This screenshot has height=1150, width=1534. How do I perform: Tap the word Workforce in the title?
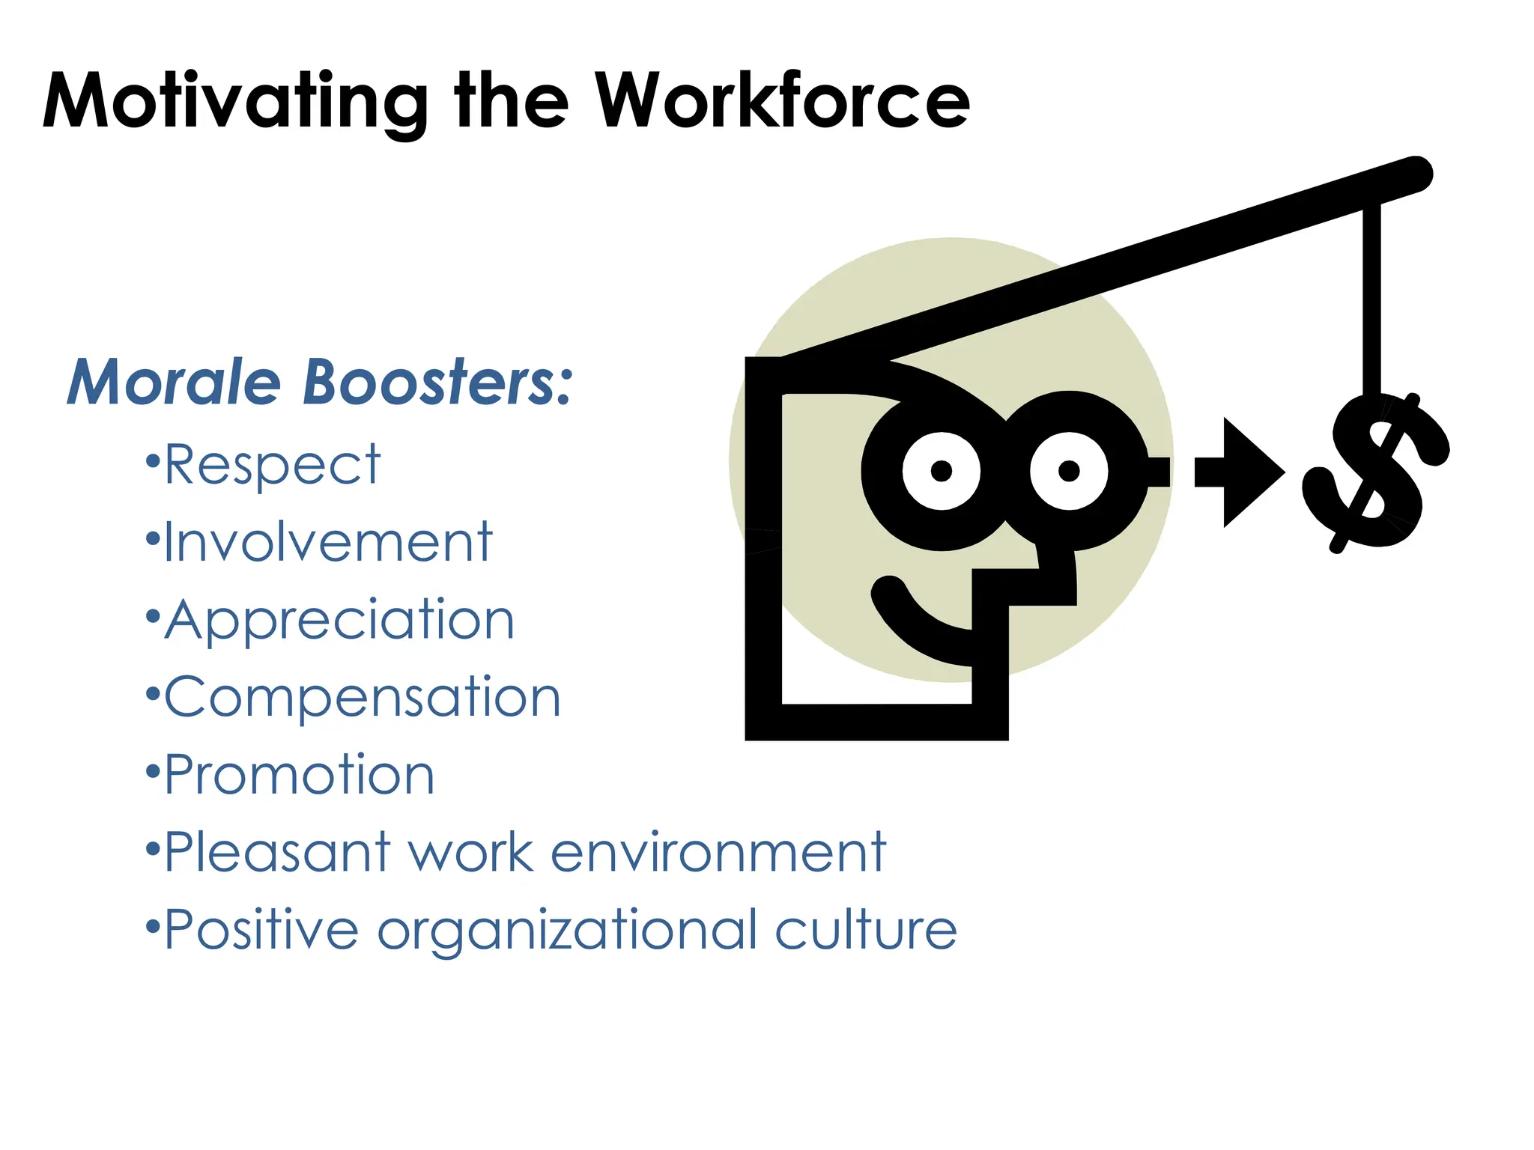(x=782, y=101)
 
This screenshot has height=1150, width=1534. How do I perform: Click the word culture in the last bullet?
(x=865, y=930)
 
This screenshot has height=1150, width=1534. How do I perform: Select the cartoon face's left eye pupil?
(x=942, y=471)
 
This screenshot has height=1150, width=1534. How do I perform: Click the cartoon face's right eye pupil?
(x=1069, y=471)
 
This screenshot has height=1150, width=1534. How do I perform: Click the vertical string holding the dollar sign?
(x=1371, y=299)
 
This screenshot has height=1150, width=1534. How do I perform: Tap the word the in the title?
(x=511, y=101)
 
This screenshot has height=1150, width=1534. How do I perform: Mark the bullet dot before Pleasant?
(x=153, y=849)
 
